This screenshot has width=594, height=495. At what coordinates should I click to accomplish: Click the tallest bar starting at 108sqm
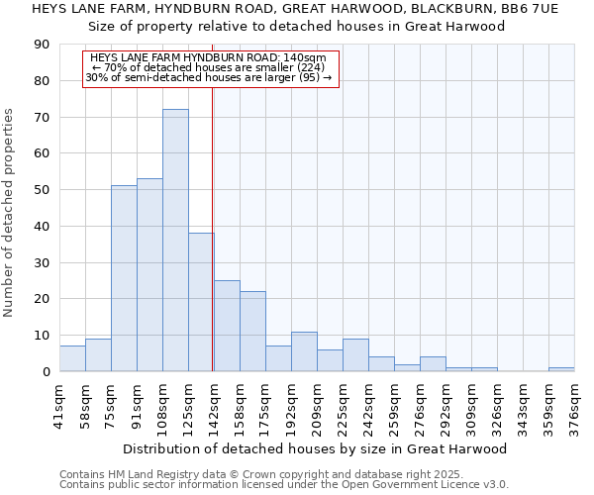[x=175, y=241]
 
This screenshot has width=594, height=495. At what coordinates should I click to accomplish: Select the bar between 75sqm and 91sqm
[x=124, y=278]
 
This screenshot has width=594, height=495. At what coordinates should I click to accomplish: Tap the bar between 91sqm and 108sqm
[x=149, y=275]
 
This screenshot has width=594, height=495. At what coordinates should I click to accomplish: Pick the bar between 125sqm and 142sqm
[x=201, y=302]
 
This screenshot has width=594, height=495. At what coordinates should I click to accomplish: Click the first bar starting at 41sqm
[x=72, y=358]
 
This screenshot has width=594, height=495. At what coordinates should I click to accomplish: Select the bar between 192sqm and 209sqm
[x=304, y=351]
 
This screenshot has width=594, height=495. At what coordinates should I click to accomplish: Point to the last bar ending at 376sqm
[x=561, y=369]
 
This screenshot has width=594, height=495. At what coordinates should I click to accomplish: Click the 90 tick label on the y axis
[x=42, y=45]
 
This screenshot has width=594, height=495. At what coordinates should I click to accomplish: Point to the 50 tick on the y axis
[x=42, y=190]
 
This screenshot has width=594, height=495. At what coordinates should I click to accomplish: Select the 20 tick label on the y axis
[x=42, y=299]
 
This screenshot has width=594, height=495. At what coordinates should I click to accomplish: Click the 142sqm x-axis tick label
[x=215, y=403]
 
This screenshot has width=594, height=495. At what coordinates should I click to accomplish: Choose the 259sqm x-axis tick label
[x=395, y=403]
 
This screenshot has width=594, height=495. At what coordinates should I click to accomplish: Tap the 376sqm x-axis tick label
[x=575, y=403]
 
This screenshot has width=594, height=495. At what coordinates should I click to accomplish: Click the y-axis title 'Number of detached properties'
[x=10, y=213]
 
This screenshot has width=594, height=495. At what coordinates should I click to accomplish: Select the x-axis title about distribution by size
[x=317, y=448]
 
